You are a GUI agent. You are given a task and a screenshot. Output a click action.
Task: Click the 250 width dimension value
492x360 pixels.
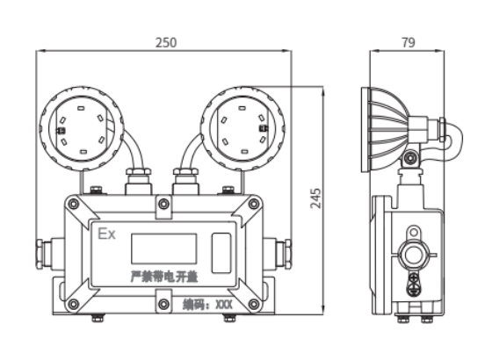[x=166, y=43]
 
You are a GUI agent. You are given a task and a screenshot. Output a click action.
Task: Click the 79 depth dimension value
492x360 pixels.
[x=409, y=43]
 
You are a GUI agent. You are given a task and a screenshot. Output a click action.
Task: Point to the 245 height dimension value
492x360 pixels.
[x=316, y=198]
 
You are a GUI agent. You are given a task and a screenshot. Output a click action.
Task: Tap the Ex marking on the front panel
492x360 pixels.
[x=106, y=234]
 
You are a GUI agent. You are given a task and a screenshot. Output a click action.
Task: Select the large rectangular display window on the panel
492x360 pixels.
[x=163, y=248]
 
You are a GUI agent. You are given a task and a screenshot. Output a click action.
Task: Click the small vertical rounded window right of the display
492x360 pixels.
[x=221, y=253]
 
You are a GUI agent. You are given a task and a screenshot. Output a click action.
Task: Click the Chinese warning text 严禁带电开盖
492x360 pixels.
[x=164, y=277]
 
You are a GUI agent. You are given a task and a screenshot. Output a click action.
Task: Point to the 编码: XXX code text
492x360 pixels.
[x=207, y=304]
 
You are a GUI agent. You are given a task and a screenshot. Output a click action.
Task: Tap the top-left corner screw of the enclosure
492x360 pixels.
[x=74, y=204]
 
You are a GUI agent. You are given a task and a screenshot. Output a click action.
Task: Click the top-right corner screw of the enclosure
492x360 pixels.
[x=254, y=204]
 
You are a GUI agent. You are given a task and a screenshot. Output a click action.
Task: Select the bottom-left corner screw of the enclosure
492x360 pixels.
[x=74, y=304]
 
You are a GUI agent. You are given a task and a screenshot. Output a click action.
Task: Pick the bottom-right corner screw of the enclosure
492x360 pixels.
[x=254, y=304]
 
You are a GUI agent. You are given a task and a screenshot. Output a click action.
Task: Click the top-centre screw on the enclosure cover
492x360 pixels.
[x=163, y=204]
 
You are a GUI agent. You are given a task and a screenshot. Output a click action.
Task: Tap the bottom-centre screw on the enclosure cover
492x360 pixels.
[x=163, y=304]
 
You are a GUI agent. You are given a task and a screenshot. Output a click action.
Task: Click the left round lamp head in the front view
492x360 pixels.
[x=82, y=129]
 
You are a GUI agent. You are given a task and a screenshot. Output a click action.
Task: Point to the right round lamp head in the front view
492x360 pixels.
[x=242, y=129]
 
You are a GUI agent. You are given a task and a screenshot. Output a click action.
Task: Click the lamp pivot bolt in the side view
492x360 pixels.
[x=410, y=158]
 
